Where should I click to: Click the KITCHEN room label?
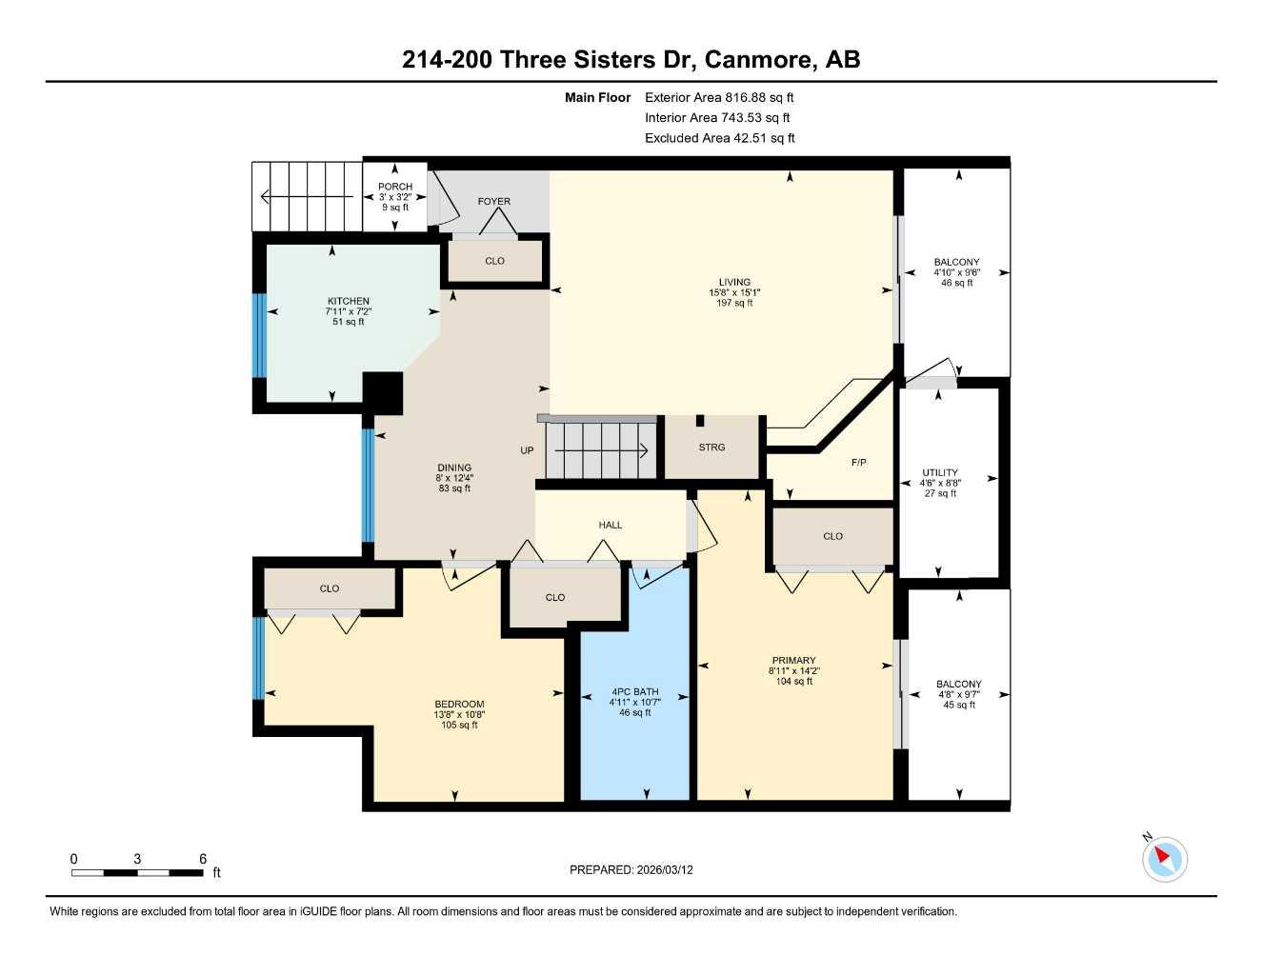pos(348,301)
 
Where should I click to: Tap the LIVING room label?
pos(734,282)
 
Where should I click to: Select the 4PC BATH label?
pos(634,692)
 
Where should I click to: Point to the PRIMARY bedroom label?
pos(793,660)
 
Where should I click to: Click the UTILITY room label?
pos(939,472)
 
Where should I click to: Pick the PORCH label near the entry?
pos(395,187)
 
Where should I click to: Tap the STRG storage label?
pos(711,447)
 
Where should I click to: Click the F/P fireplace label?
pos(858,463)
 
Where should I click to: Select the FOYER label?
pos(493,201)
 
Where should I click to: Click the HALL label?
pos(610,525)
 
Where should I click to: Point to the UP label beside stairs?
pos(527,450)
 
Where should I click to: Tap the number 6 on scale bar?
pos(203,859)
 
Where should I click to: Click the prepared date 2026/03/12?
pos(665,869)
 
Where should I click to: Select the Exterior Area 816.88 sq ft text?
pos(718,97)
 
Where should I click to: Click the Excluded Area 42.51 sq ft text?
pos(719,138)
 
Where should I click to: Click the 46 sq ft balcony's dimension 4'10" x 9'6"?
pos(956,272)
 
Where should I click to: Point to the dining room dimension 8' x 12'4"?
pos(454,478)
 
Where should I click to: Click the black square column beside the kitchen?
pos(383,392)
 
